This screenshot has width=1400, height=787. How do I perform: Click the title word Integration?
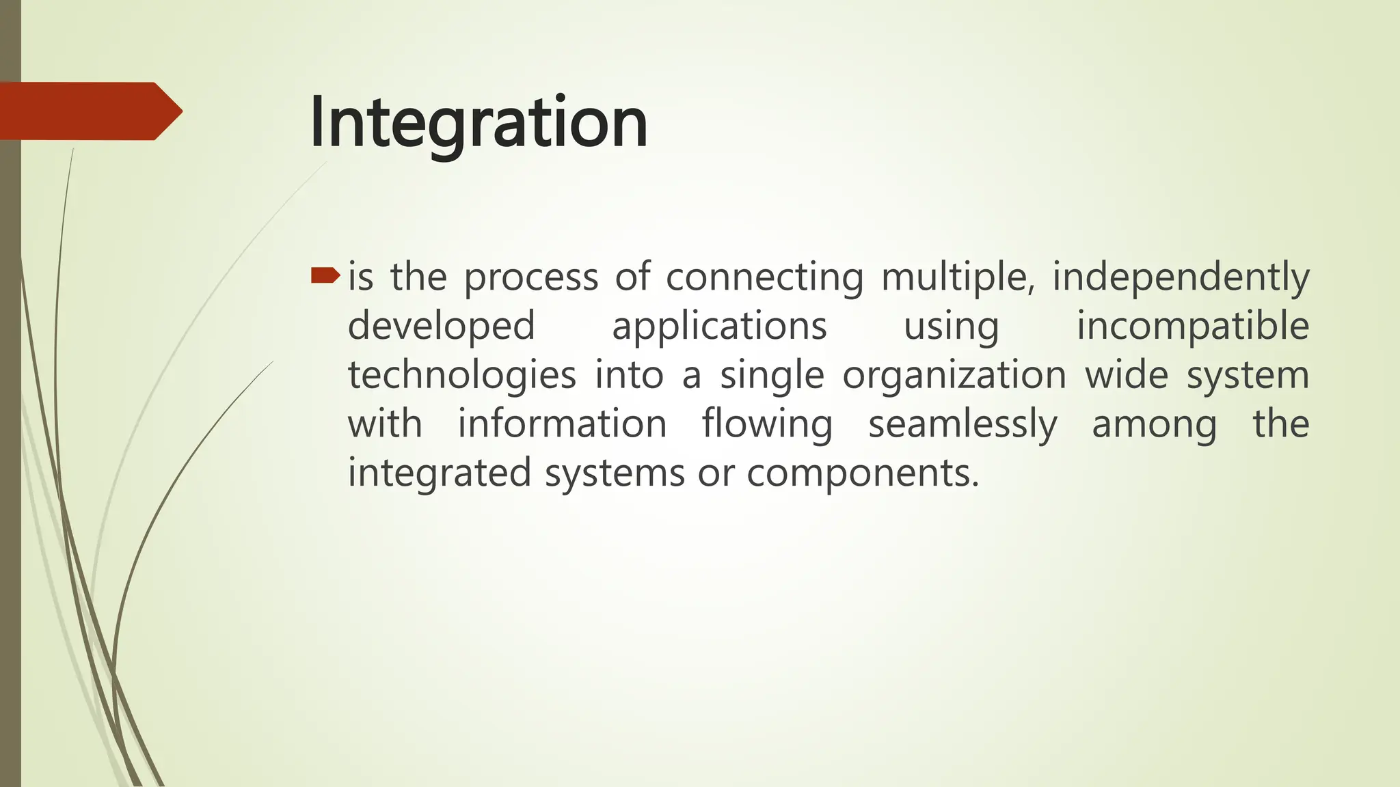pyautogui.click(x=478, y=124)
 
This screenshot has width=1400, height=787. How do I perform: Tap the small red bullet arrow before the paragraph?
pyautogui.click(x=325, y=275)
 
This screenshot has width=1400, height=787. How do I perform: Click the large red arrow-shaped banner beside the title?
pyautogui.click(x=89, y=111)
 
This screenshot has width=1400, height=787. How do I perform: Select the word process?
pyautogui.click(x=531, y=278)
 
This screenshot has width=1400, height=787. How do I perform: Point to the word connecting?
pyautogui.click(x=764, y=278)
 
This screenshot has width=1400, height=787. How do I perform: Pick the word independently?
pyautogui.click(x=1180, y=278)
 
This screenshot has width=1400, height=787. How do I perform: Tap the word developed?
pyautogui.click(x=442, y=326)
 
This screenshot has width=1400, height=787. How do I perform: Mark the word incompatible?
pyautogui.click(x=1193, y=326)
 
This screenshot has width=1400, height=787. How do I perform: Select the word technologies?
pyautogui.click(x=462, y=376)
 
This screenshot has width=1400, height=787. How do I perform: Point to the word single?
pyautogui.click(x=772, y=376)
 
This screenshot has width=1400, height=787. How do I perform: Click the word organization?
pyautogui.click(x=954, y=376)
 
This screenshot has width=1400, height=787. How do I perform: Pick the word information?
pyautogui.click(x=562, y=424)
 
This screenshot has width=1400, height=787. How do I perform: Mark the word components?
pyautogui.click(x=863, y=473)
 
